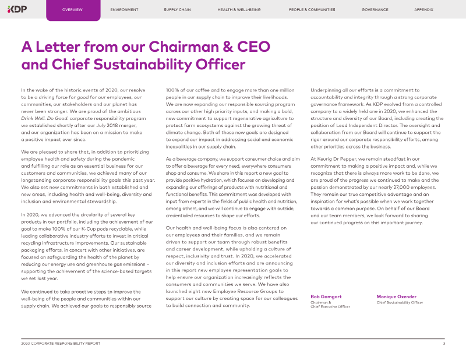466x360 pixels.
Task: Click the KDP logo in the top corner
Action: pos(18,9)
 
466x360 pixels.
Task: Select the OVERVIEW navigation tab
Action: pos(72,10)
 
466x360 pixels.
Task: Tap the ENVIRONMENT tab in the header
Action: pos(124,10)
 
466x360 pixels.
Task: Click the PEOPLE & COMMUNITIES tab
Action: pos(312,10)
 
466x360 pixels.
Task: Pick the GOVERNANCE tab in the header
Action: pos(375,10)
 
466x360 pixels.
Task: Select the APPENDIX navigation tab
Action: pos(423,10)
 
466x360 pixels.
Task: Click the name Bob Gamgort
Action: pos(326,297)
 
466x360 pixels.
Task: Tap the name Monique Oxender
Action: pos(397,297)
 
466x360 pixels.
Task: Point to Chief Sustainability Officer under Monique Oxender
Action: pos(400,303)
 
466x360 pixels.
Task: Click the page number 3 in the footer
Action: pos(444,344)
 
